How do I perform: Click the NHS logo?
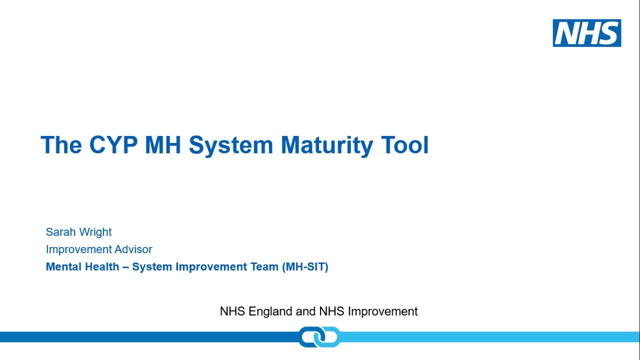click(x=586, y=33)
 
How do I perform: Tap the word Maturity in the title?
click(x=327, y=145)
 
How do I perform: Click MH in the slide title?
click(x=162, y=145)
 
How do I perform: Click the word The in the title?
click(x=61, y=145)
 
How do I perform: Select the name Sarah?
click(x=59, y=232)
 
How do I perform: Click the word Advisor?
click(x=133, y=249)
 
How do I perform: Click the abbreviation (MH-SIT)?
click(x=305, y=266)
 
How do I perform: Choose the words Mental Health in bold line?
click(x=82, y=266)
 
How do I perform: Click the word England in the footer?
click(x=270, y=311)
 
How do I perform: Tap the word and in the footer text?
click(x=305, y=311)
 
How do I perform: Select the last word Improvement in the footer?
click(x=382, y=311)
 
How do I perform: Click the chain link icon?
click(x=319, y=336)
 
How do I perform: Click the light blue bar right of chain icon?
click(x=490, y=336)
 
